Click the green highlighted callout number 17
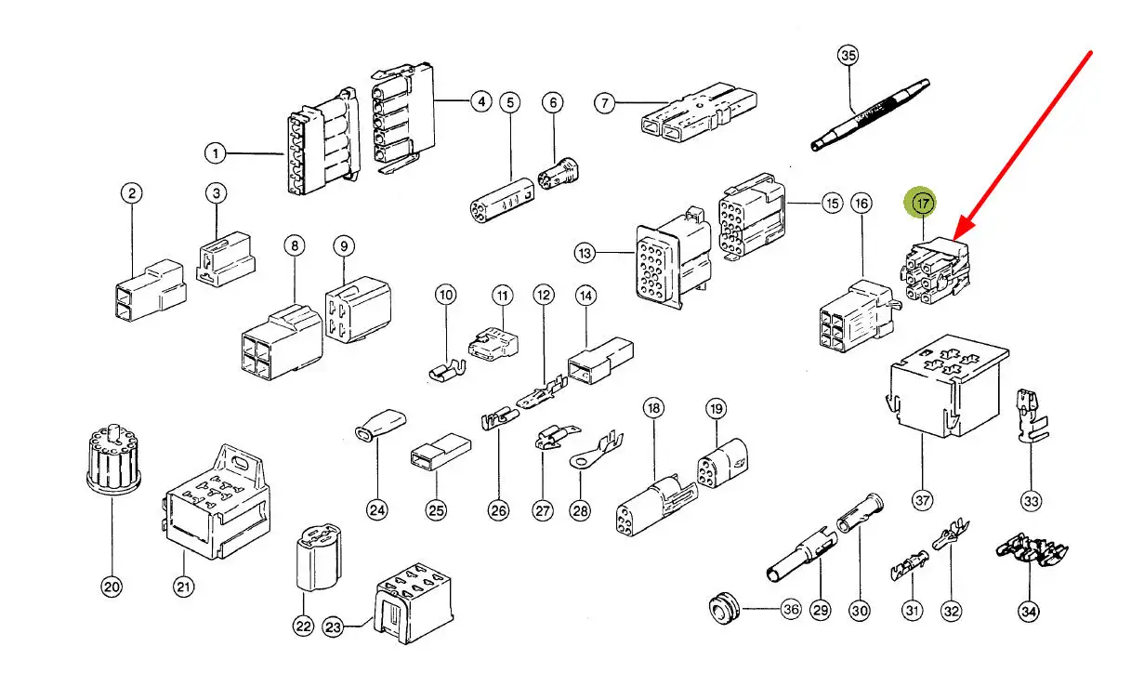922,202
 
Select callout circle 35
848,57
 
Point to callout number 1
216,152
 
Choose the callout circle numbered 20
112,587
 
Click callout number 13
584,252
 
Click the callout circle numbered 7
605,102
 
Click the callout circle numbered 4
480,102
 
